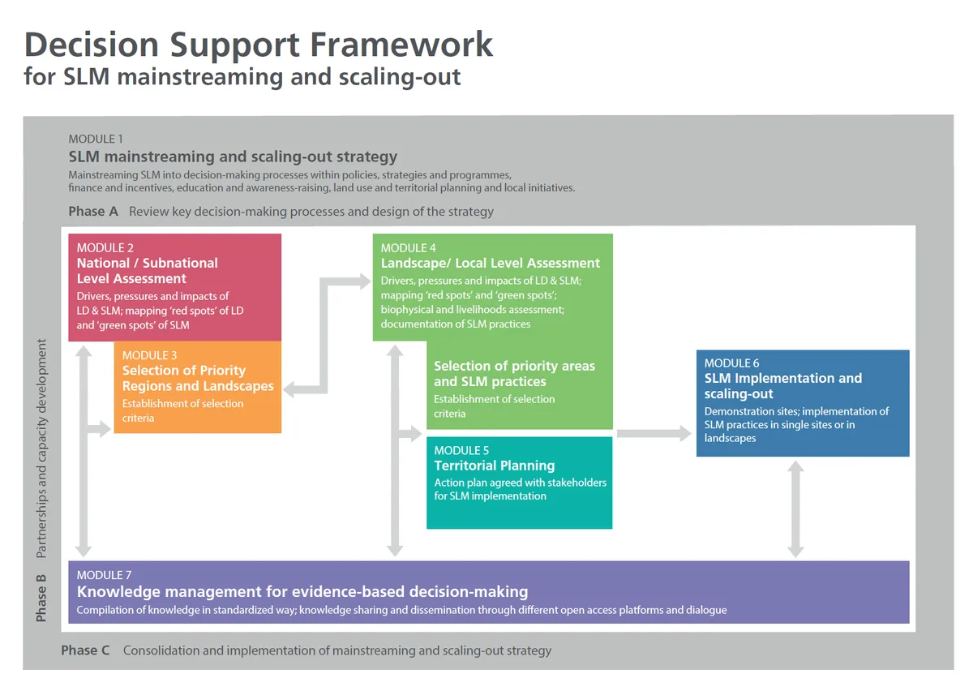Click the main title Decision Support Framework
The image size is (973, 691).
(258, 44)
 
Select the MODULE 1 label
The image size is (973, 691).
(96, 139)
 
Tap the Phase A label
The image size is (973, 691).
(93, 212)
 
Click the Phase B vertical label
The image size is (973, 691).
(41, 599)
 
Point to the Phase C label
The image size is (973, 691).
(85, 650)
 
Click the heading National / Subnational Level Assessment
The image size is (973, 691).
(147, 271)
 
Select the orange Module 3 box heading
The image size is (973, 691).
(197, 378)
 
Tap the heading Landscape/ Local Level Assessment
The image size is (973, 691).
(491, 263)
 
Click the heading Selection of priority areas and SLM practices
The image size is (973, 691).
(514, 374)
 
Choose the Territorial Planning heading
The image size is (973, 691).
(494, 466)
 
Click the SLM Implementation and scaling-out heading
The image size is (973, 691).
(782, 385)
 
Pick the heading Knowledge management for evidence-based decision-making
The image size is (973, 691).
(302, 591)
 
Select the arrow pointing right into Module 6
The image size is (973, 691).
(654, 434)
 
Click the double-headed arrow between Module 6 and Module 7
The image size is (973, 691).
(795, 509)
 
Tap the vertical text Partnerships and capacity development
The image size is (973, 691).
(41, 449)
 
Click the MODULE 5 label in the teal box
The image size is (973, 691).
(461, 450)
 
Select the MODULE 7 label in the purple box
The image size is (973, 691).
(105, 575)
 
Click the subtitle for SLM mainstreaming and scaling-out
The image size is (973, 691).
(242, 77)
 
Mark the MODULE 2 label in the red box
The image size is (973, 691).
(105, 247)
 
